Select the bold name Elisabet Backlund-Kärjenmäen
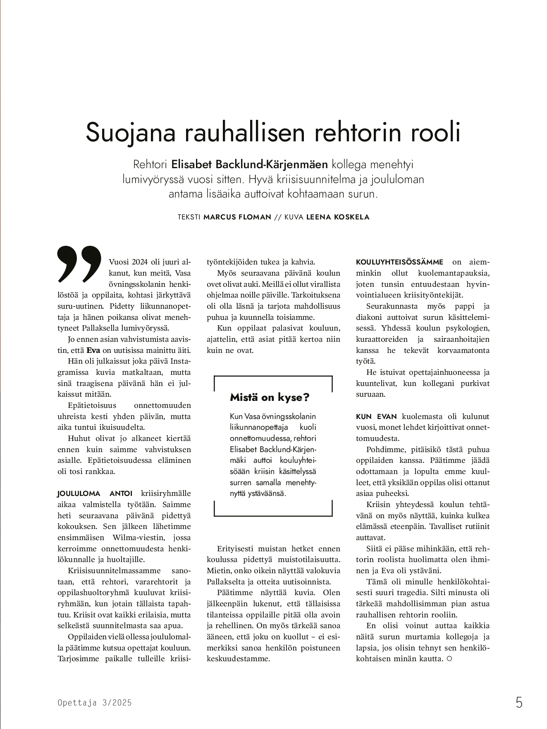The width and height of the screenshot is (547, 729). pos(249,164)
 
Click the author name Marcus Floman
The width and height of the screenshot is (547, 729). pos(237,217)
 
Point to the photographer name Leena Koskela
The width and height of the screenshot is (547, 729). pos(338,217)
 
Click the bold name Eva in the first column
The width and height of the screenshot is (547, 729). pos(93,350)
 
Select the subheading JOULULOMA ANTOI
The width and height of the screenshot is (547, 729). pos(95,493)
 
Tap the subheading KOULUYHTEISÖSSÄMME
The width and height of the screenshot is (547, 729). pos(399,262)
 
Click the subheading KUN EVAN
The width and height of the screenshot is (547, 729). pos(376,417)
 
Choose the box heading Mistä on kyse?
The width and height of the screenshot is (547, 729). pos(270,398)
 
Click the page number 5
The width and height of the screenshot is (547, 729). pos(519,703)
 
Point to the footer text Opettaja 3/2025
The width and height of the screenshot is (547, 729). pos(95,703)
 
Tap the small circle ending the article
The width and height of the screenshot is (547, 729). pos(449,659)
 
